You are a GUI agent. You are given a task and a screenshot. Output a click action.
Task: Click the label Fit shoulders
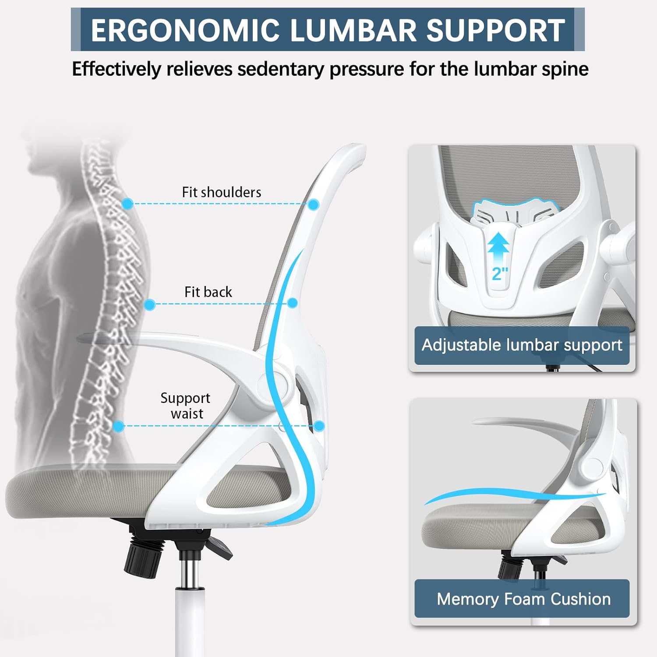[221, 192]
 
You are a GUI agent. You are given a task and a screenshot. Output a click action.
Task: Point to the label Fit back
[208, 292]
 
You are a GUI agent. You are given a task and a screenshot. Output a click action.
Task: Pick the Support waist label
[185, 406]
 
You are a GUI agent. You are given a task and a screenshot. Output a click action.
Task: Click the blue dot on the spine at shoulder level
[128, 203]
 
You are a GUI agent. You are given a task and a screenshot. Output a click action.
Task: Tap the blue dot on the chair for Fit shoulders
[314, 204]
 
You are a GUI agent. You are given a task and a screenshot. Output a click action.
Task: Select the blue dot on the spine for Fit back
[149, 304]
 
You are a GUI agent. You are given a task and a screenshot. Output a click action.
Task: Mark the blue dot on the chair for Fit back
[293, 303]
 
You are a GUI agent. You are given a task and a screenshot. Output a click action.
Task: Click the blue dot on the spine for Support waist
[118, 426]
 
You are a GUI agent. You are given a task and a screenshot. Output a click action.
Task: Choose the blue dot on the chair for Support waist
[319, 426]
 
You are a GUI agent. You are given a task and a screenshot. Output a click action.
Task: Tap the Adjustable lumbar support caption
[522, 345]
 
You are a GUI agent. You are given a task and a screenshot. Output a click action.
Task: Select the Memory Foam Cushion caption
[523, 599]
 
